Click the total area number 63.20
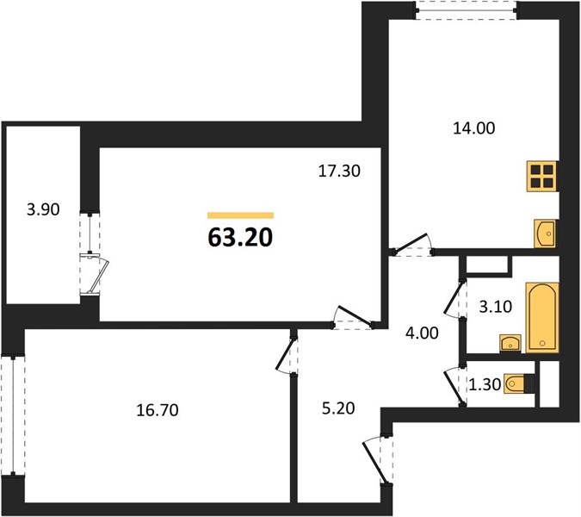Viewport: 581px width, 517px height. tap(240, 237)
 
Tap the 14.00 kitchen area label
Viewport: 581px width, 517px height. tap(474, 128)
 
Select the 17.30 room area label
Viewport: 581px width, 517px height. tap(339, 171)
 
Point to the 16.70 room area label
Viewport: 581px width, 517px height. tap(158, 410)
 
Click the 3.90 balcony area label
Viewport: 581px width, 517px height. tap(43, 209)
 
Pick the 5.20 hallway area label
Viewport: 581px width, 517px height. tap(338, 408)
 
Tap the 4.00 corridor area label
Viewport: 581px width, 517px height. tap(422, 333)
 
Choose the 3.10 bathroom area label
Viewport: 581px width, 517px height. tap(496, 307)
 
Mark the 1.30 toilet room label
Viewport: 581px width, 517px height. tap(485, 384)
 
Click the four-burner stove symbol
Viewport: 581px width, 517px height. tap(542, 177)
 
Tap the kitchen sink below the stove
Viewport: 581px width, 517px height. tap(545, 234)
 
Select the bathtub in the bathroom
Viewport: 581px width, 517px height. tap(542, 317)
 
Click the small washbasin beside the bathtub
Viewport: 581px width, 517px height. tap(510, 343)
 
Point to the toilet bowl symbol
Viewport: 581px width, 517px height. tap(515, 383)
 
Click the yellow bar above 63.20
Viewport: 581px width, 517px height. tap(240, 215)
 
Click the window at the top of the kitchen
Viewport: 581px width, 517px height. tap(466, 10)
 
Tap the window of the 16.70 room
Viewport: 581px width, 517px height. tap(13, 415)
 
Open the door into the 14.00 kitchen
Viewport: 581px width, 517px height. tap(412, 246)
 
